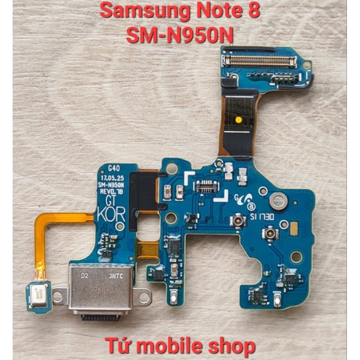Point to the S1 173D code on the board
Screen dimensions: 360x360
pyautogui.click(x=261, y=216)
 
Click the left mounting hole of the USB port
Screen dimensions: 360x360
pyautogui.click(x=58, y=297)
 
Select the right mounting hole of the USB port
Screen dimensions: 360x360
pyautogui.click(x=144, y=297)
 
